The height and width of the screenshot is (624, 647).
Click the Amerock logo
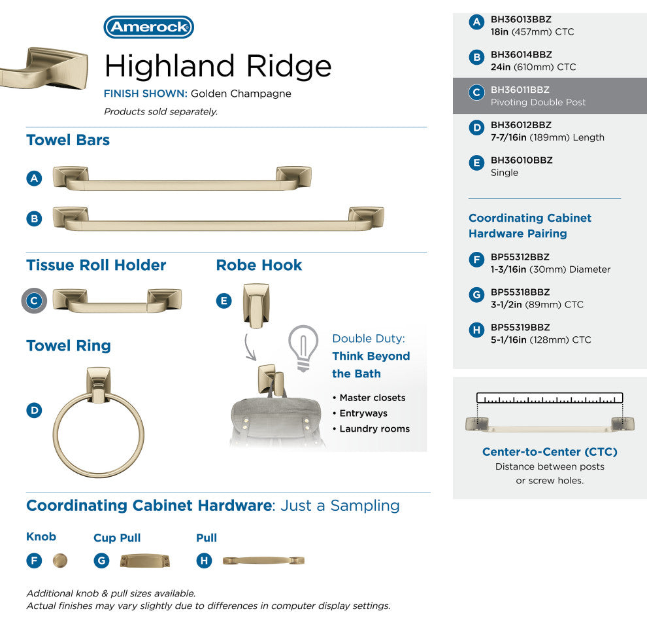[148, 27]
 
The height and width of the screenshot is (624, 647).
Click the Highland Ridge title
[218, 66]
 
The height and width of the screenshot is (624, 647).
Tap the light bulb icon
[303, 348]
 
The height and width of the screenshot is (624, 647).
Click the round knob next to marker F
[60, 561]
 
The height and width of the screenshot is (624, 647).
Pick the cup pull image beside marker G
[145, 561]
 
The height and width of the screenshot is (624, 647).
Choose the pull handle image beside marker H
[263, 561]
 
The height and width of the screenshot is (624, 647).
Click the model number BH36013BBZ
[521, 20]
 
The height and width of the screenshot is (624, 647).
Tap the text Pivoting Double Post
[538, 103]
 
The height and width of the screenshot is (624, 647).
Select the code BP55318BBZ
[520, 292]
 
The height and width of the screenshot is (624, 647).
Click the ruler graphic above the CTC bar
[550, 398]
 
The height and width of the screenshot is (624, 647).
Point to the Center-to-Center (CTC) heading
[550, 452]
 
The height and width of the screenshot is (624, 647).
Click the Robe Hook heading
[259, 265]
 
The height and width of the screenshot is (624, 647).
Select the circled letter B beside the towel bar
[34, 218]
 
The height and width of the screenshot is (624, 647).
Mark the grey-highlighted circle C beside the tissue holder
[34, 301]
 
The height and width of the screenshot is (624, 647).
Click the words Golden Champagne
[241, 94]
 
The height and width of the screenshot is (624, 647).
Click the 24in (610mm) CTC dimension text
[533, 67]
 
